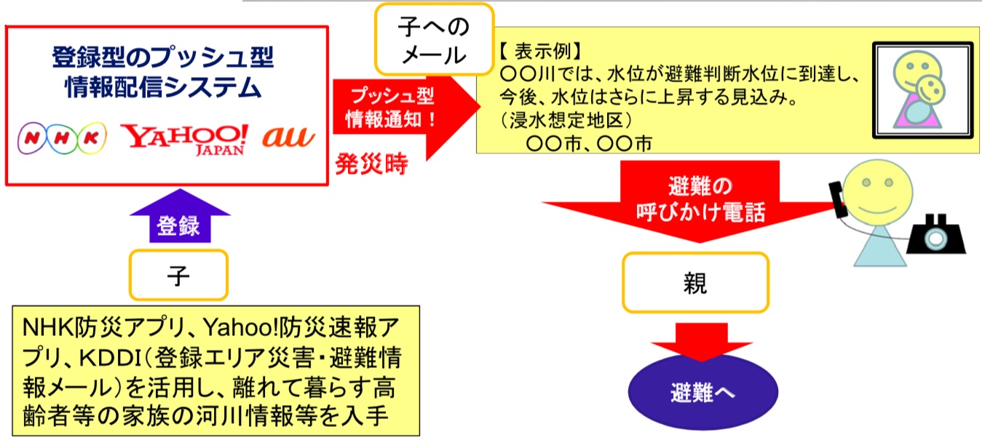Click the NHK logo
62,138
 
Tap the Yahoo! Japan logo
184,140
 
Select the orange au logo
288,137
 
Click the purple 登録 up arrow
180,216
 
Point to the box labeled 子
178,275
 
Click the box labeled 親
695,282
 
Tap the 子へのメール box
434,39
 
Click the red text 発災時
372,164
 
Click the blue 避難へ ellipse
702,392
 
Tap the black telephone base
936,235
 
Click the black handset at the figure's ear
838,200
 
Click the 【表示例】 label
540,52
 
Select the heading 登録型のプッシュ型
163,57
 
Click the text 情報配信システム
163,87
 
